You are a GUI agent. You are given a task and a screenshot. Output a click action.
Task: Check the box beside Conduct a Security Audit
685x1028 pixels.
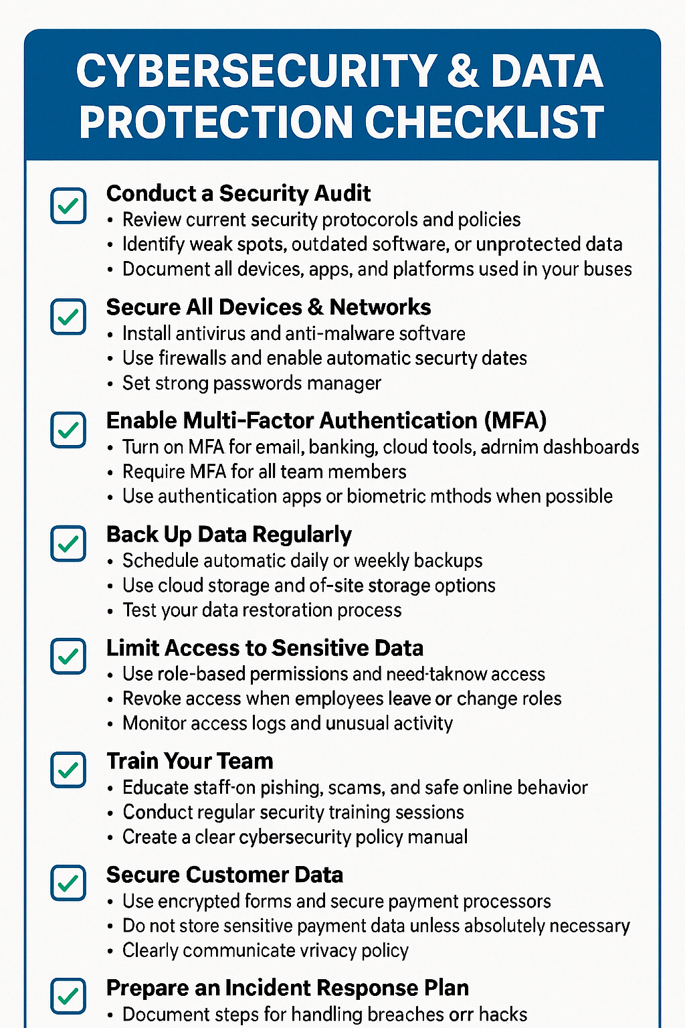(x=68, y=205)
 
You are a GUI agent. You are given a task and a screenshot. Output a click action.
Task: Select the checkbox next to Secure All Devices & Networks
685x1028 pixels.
(x=68, y=317)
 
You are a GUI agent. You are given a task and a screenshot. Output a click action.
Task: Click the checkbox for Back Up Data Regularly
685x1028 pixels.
(x=68, y=543)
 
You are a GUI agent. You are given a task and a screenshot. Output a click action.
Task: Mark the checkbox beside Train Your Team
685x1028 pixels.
(x=68, y=770)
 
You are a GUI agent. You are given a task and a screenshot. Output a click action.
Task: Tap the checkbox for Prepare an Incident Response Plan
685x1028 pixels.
(x=68, y=996)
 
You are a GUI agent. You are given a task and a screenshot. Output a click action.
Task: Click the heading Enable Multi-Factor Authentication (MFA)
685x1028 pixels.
(x=326, y=420)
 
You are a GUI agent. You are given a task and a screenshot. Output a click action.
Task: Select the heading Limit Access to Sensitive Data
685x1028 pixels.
(x=265, y=648)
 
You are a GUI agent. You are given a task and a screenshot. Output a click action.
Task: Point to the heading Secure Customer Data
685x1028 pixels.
(x=225, y=875)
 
